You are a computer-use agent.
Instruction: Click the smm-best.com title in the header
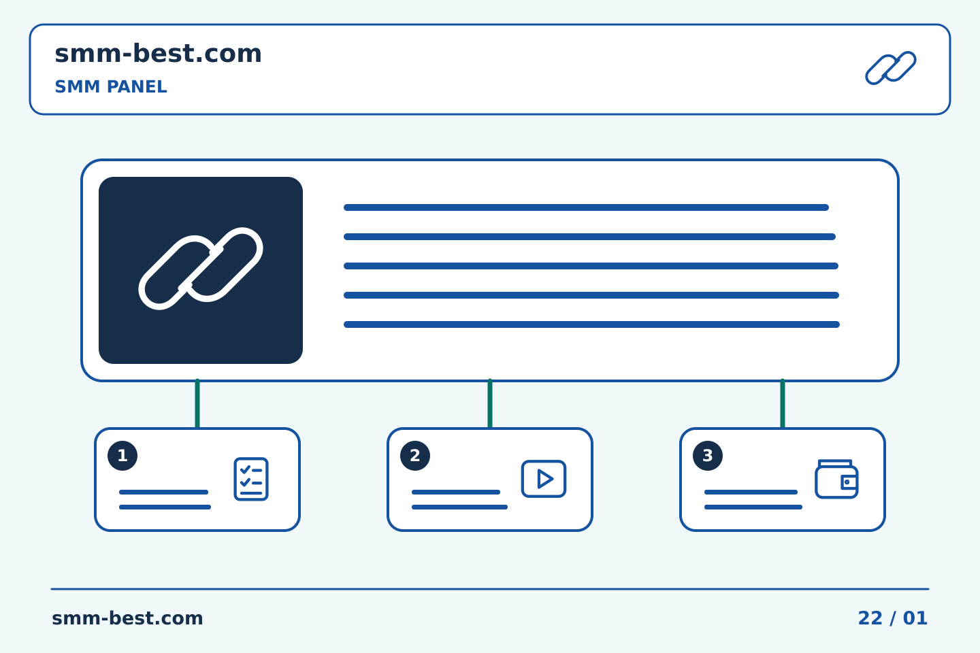click(158, 54)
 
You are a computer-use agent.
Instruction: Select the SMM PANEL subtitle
click(111, 86)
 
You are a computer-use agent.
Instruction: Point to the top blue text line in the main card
click(586, 207)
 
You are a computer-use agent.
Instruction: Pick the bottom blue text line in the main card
click(591, 324)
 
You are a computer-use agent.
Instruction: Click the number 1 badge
click(122, 456)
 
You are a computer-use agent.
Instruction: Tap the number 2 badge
click(415, 456)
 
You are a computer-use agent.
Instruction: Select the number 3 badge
click(708, 456)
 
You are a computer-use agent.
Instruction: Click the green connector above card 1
click(197, 403)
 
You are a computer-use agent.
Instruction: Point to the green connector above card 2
click(490, 403)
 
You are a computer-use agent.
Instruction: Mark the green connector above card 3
click(783, 403)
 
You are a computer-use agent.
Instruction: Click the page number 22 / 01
click(892, 618)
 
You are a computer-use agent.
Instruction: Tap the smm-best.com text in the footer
click(127, 618)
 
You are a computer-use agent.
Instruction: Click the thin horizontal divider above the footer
click(490, 589)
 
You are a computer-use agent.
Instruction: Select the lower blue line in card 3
click(753, 507)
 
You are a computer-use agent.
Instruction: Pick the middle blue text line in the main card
click(591, 266)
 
